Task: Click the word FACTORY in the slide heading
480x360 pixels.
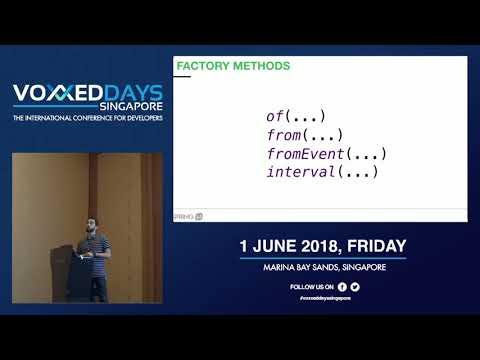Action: tap(200, 67)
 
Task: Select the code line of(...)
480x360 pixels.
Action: tap(297, 116)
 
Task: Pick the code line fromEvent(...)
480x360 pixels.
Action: tap(326, 154)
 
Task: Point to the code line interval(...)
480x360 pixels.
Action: tap(321, 173)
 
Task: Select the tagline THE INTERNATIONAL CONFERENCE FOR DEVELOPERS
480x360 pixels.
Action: tap(87, 120)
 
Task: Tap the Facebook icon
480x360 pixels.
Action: tap(341, 287)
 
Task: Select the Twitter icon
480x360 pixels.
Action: tap(355, 287)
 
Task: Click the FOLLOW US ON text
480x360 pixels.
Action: tap(310, 287)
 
